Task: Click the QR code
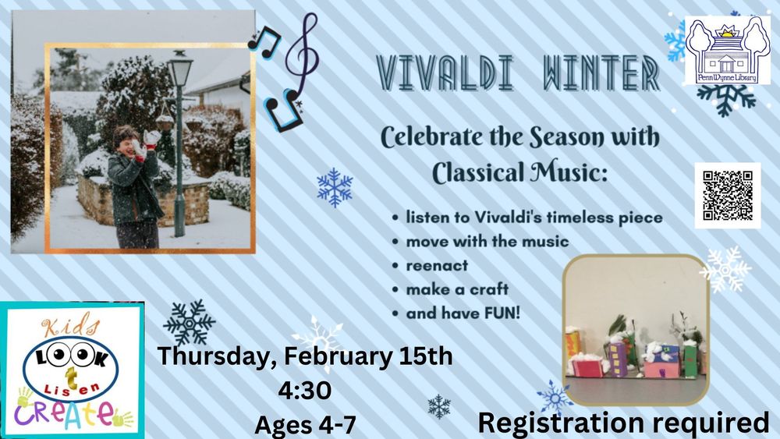[x=727, y=196]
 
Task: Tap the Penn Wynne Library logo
[x=727, y=50]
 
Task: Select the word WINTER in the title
[x=601, y=73]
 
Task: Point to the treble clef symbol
[x=303, y=55]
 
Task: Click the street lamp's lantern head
[x=180, y=69]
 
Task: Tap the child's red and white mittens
[x=145, y=143]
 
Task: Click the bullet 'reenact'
[x=437, y=265]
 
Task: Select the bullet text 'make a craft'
[x=457, y=289]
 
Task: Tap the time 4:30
[x=305, y=391]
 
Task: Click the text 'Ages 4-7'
[x=306, y=425]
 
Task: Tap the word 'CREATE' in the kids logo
[x=65, y=413]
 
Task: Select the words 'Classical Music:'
[x=519, y=173]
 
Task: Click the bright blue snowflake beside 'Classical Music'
[x=335, y=187]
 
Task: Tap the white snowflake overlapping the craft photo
[x=725, y=269]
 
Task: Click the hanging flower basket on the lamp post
[x=164, y=121]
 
